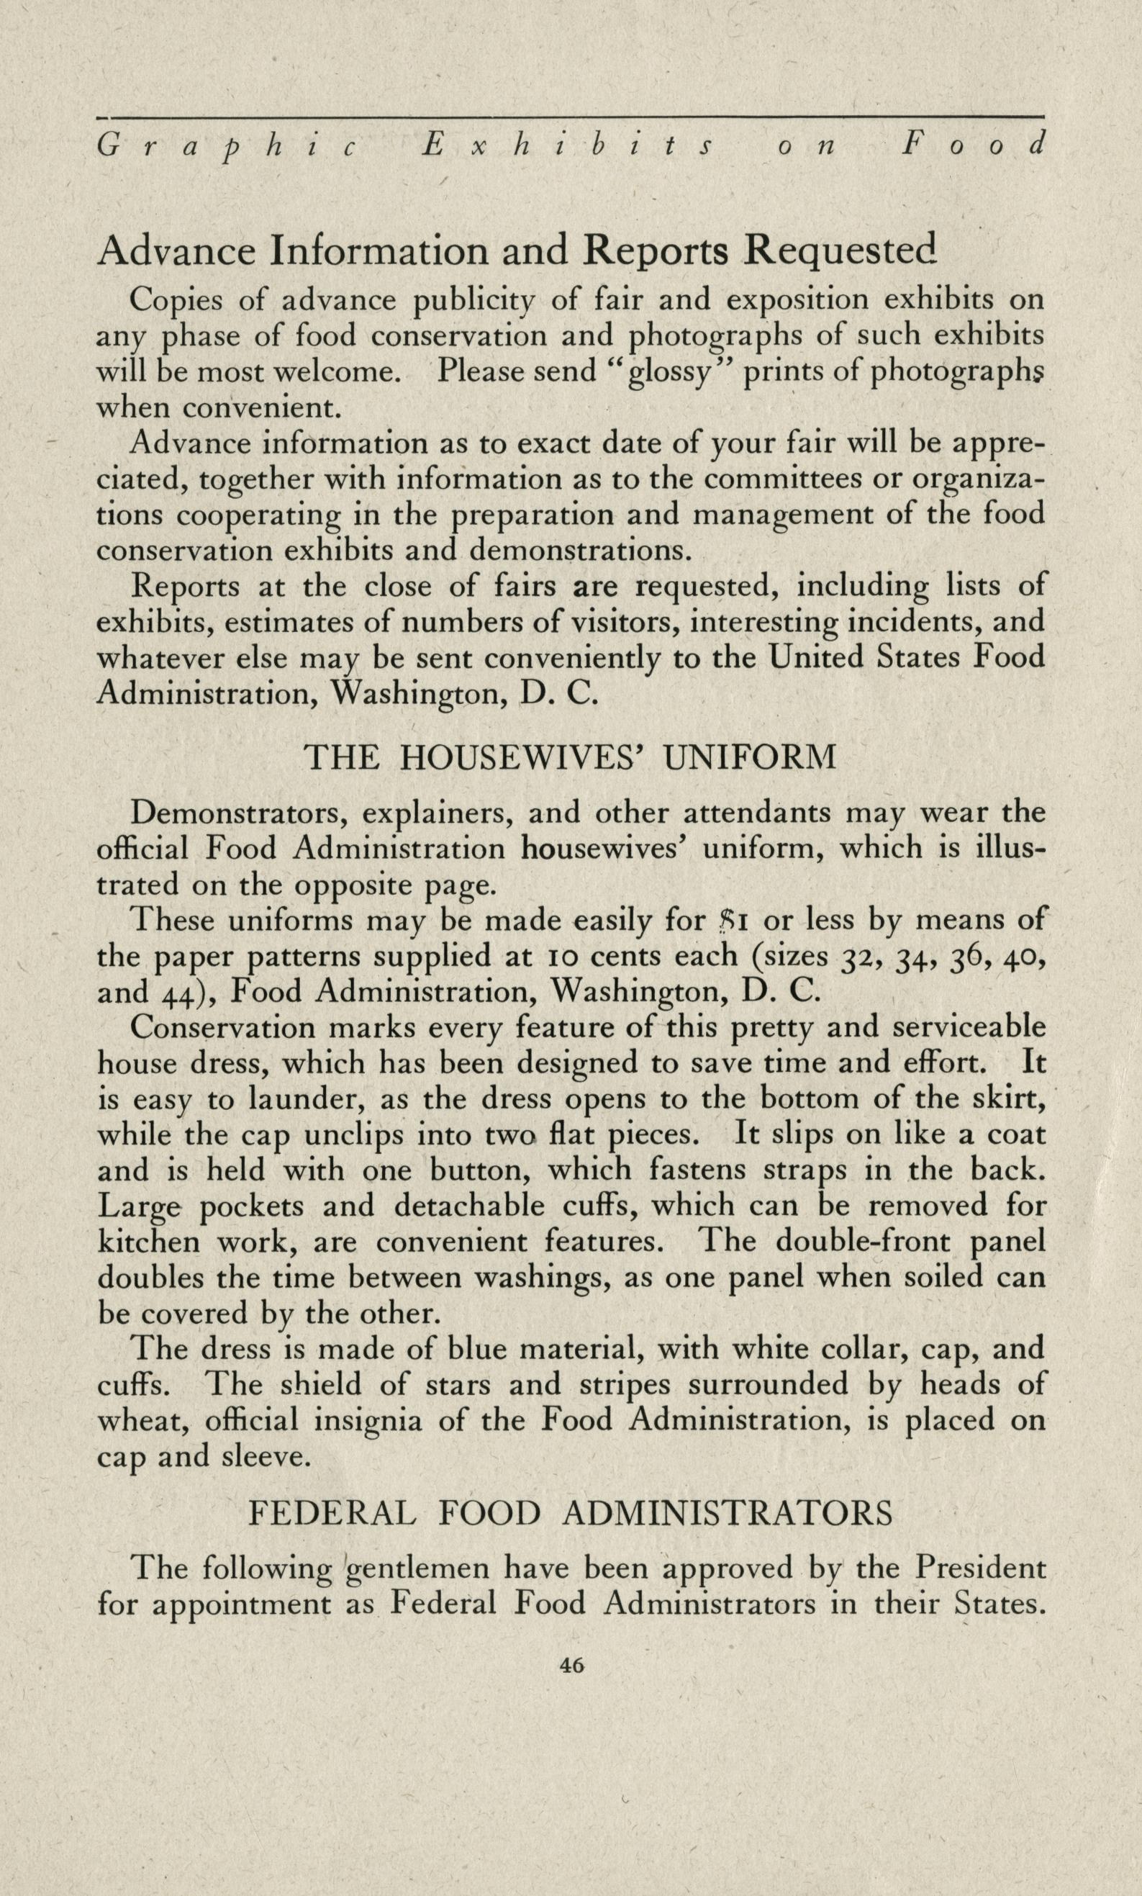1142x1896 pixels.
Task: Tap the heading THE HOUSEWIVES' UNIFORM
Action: click(570, 759)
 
